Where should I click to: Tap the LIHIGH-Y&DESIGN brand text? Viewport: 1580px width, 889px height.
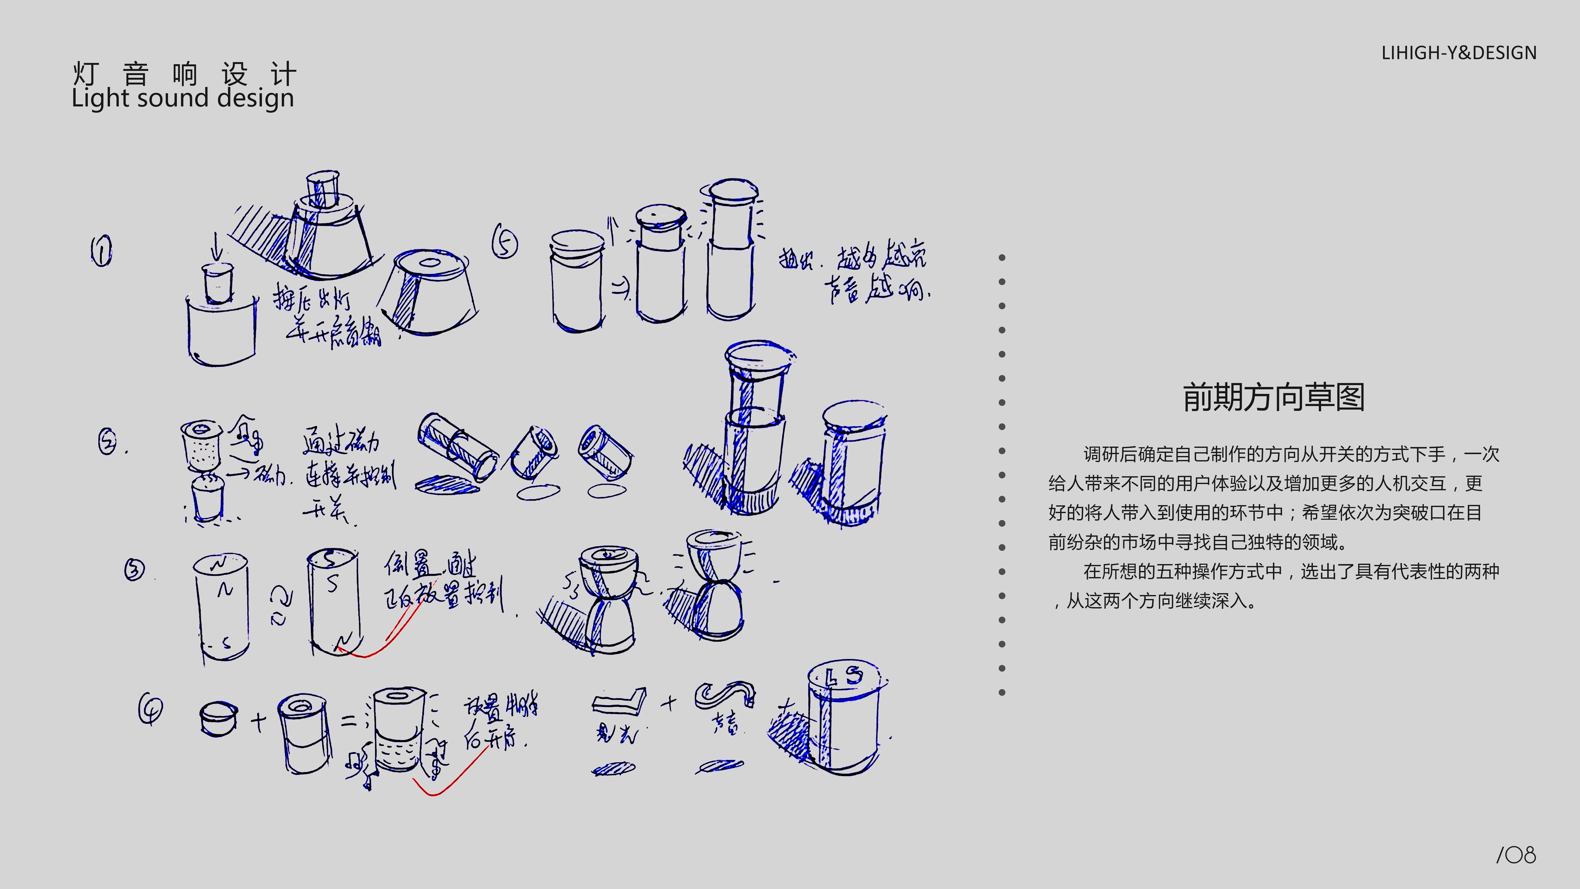coord(1459,53)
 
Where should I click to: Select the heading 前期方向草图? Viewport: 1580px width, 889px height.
coord(1273,398)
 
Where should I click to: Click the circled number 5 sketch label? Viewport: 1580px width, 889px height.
coord(505,244)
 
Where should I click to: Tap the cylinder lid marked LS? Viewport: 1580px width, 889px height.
coord(843,677)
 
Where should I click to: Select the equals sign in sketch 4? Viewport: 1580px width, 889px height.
coord(348,721)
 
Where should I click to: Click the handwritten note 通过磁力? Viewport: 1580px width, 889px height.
coord(341,440)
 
